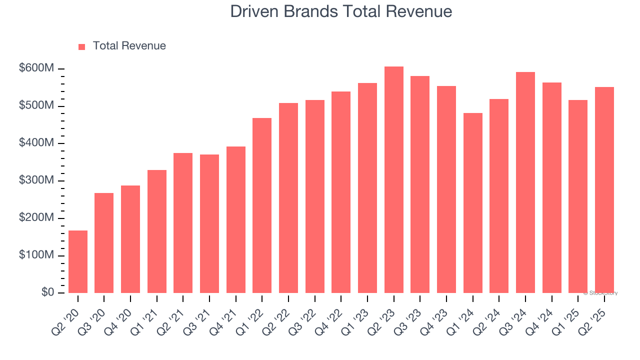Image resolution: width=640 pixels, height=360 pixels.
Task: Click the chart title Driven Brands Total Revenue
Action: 341,11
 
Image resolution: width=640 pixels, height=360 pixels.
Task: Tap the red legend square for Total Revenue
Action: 82,46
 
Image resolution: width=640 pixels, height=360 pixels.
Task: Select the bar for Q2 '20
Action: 78,262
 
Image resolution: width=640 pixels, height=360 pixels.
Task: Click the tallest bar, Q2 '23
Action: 393,180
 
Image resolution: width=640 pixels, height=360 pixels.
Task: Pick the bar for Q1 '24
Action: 472,203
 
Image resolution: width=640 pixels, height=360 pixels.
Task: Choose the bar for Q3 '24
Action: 525,182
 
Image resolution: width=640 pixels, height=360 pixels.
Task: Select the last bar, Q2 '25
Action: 604,190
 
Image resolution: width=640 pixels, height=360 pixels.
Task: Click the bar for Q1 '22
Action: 262,205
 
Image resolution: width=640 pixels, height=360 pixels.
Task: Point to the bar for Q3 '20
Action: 104,243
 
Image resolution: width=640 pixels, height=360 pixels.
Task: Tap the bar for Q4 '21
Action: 235,219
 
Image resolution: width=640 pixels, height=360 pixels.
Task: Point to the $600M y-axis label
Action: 36,68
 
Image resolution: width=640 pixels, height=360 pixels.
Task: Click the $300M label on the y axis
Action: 36,180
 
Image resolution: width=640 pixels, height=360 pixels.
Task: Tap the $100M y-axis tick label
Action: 36,255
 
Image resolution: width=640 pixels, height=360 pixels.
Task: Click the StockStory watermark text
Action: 600,293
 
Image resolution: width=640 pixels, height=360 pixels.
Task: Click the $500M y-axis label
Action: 36,106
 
